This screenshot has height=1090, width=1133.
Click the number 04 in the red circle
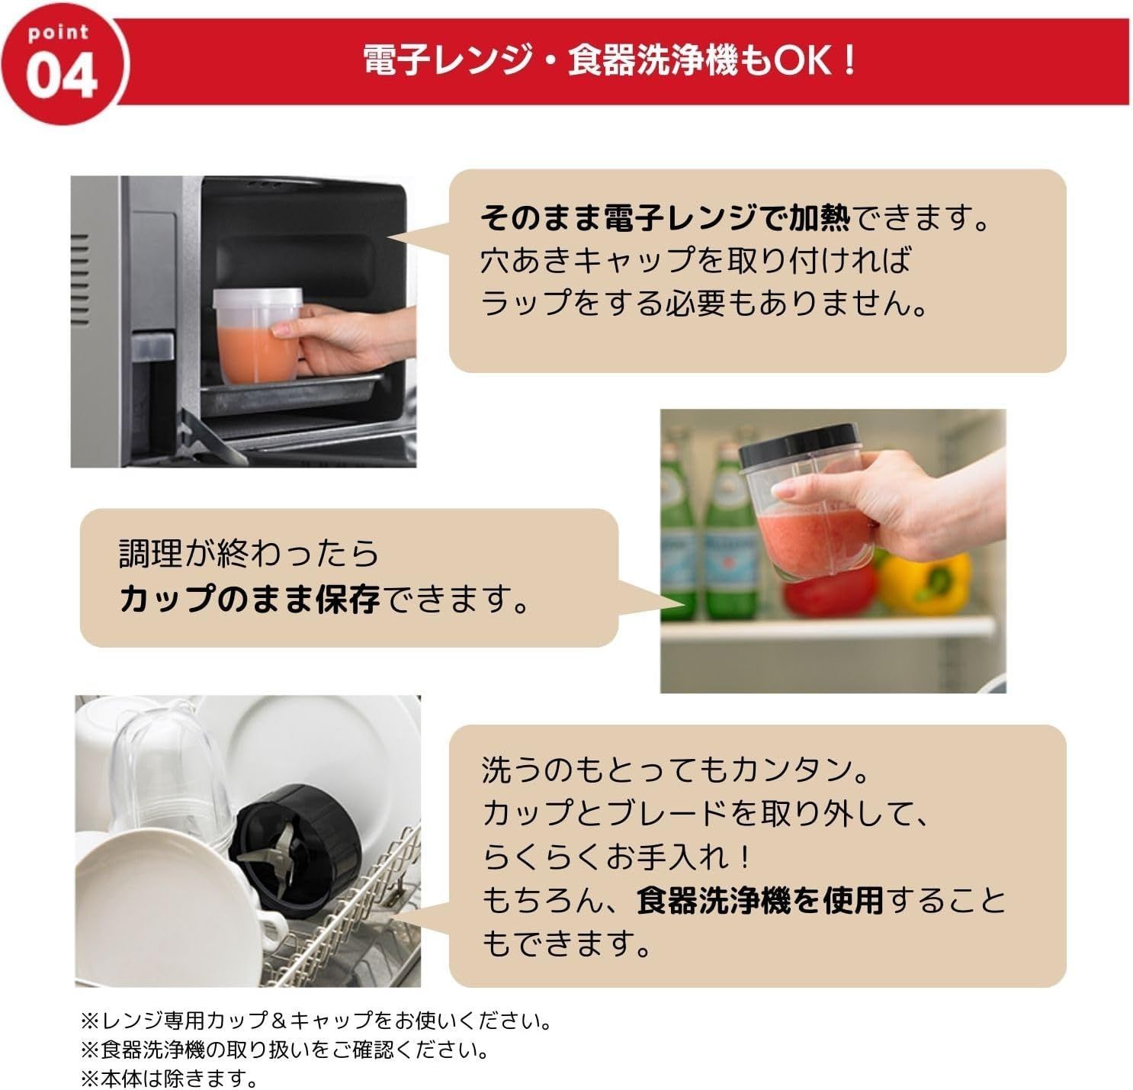pos(61,76)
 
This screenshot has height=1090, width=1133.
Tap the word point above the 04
pos(58,33)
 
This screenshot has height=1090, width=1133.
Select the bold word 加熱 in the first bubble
pos(819,218)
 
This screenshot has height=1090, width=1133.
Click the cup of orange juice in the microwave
pos(258,336)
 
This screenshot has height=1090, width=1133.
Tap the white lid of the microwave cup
pos(258,297)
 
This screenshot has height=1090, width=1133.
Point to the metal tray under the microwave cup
pos(291,394)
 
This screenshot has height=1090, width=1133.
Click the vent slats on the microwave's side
pos(80,279)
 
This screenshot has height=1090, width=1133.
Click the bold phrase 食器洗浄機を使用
pos(760,901)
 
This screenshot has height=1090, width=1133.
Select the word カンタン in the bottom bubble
pos(792,770)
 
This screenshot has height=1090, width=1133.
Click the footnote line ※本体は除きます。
pos(169,1077)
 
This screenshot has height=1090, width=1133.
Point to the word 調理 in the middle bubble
pos(151,553)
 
